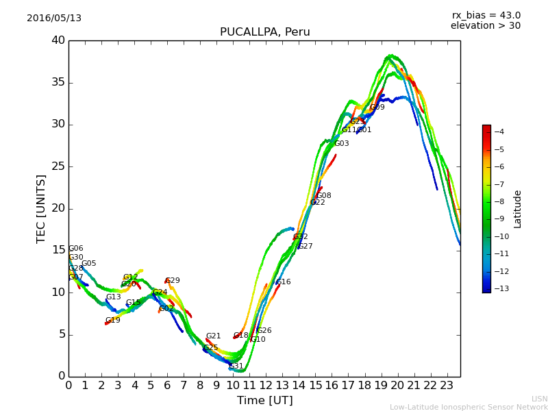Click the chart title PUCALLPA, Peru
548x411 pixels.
(264, 32)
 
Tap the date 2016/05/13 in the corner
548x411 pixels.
(54, 18)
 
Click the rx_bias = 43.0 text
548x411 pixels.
(486, 16)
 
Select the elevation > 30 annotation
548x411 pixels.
(485, 26)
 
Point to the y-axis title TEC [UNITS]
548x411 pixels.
(41, 208)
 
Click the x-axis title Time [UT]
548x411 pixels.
(264, 400)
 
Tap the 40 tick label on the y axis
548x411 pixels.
(58, 40)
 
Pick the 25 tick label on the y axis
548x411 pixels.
(58, 166)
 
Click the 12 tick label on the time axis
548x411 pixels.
(266, 385)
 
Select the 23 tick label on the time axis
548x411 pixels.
(447, 385)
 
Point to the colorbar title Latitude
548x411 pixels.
(518, 209)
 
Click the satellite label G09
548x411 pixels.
(377, 108)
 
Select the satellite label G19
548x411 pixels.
(113, 321)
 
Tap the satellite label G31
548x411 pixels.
(236, 366)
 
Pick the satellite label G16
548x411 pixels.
(284, 282)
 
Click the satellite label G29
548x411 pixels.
(173, 281)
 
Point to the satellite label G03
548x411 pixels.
(342, 144)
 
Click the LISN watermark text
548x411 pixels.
(539, 399)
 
